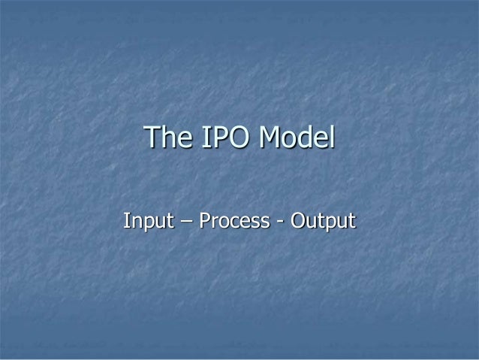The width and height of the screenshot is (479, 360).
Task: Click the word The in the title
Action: point(165,138)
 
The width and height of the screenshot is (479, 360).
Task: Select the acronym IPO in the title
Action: point(222,138)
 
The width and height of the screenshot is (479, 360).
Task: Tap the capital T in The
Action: point(152,138)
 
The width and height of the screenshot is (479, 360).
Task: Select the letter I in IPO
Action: point(200,138)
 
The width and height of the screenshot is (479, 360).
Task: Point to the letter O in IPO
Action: point(236,138)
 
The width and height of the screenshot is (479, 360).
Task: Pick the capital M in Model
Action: point(270,138)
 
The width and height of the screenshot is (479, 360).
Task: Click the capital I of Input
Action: point(126,222)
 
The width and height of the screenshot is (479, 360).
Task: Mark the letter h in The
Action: point(166,138)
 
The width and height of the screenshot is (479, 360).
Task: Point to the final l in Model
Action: point(331,138)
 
